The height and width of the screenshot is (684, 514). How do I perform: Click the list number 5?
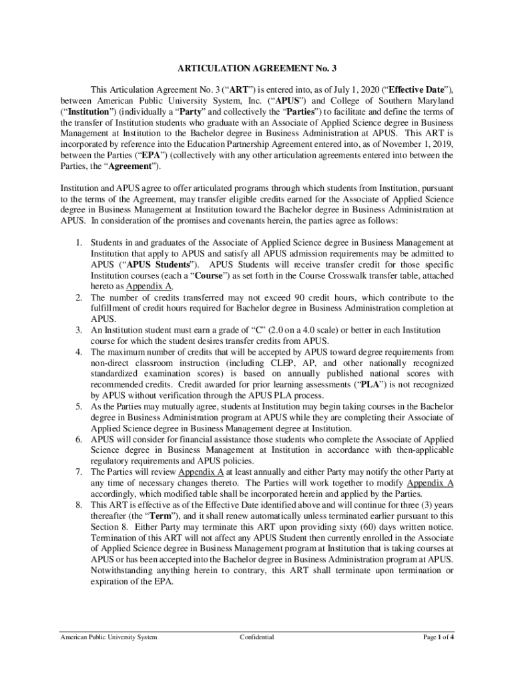78,406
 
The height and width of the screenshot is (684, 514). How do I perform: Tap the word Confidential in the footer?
256,637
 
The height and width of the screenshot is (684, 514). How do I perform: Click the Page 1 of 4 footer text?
439,637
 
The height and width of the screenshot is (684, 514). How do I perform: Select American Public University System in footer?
108,637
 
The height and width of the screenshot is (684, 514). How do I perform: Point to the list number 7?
78,472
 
